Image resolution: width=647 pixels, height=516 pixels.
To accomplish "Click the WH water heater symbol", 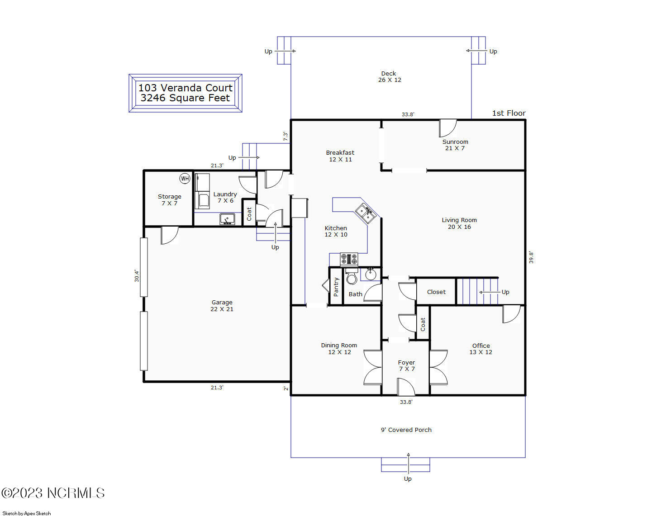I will pos(185,179).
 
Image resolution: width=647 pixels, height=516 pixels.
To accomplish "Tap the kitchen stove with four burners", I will pos(349,259).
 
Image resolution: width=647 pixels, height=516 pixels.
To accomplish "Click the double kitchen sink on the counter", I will pos(365,213).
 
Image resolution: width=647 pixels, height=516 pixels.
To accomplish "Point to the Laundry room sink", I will pos(227,219).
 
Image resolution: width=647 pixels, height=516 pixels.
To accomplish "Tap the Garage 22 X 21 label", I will pos(222,306).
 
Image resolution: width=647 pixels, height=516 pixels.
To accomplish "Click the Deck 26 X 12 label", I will pos(389,76).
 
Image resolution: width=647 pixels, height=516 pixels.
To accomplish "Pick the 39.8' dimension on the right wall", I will pos(531,257).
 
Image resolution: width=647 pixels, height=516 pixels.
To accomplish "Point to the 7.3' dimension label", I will pos(285,136).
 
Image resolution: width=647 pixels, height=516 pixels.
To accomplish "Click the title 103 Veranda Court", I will pos(185,88).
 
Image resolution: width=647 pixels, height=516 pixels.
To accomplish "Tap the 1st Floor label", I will pos(509,113).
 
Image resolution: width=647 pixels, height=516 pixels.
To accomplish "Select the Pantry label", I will pos(336,287).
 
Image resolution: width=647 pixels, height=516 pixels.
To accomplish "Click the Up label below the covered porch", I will pos(408,478).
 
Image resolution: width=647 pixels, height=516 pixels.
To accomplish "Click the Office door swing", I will pos(511,314).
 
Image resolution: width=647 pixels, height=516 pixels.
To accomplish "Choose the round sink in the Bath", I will pos(371,275).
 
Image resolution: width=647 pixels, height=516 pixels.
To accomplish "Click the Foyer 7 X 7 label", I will pos(406,365).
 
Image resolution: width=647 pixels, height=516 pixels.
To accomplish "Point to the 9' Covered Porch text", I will pos(406,430).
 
